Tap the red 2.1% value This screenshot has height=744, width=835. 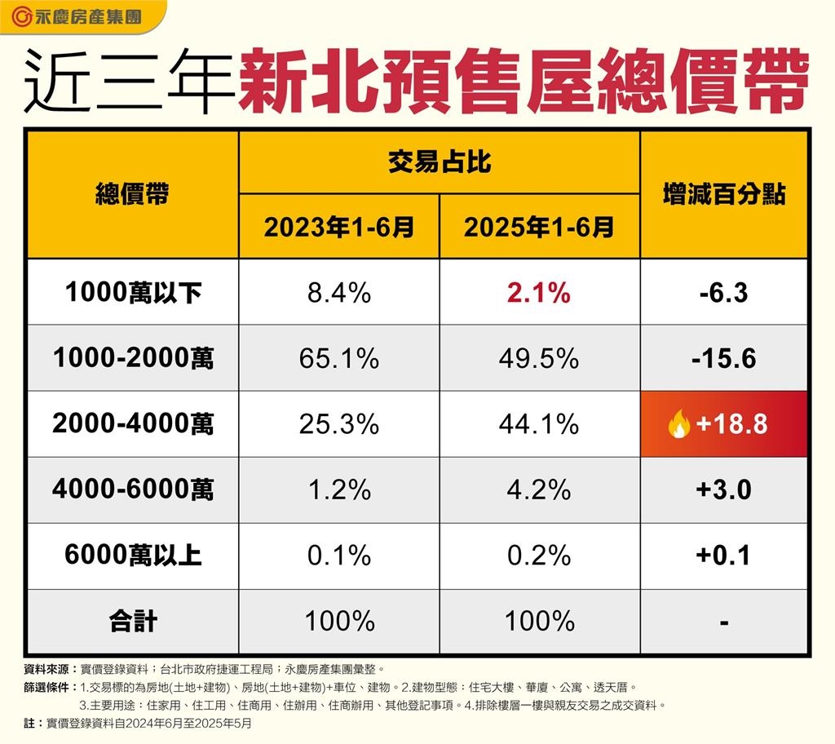coord(539,293)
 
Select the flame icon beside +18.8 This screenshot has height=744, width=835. coord(678,425)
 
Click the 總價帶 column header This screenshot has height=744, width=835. coord(133,195)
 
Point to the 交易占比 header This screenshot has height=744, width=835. coord(439,162)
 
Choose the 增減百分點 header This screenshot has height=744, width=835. coord(723,195)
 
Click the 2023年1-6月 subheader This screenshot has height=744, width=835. coord(338,228)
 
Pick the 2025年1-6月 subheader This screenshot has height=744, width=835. coord(539,228)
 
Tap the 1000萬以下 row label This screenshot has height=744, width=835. coord(133,293)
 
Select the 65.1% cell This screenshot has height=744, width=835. coord(338,359)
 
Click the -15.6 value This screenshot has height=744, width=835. coord(723,359)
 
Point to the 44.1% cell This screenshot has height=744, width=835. coord(539,425)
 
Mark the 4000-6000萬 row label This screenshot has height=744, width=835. coord(133,490)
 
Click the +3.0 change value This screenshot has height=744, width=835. coord(723,490)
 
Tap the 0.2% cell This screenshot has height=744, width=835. coord(539,556)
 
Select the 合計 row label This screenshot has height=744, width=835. coord(133,622)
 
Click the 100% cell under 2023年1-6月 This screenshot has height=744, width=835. coord(338,622)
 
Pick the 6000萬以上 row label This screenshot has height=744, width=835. coord(133,556)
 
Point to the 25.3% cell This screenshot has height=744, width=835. coord(338,425)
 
